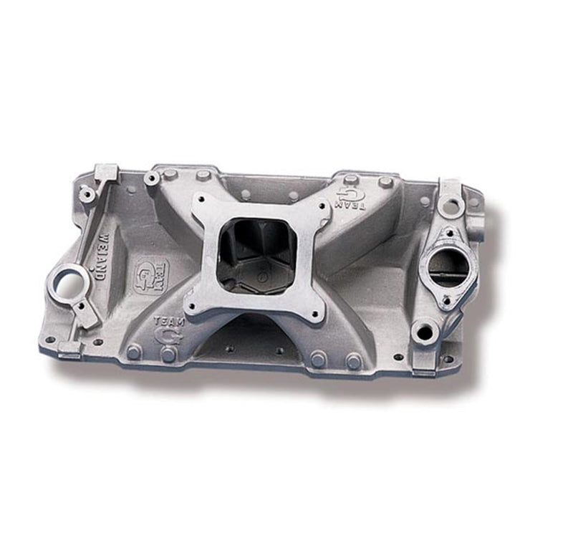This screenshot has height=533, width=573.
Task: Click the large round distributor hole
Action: click(67, 282)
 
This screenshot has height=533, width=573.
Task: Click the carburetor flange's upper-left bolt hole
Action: click(204, 203)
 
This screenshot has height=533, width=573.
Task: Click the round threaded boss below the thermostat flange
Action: click(425, 331)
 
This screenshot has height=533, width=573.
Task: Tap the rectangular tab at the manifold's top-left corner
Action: click(107, 172)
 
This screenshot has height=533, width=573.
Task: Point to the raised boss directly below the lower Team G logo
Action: click(168, 354)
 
